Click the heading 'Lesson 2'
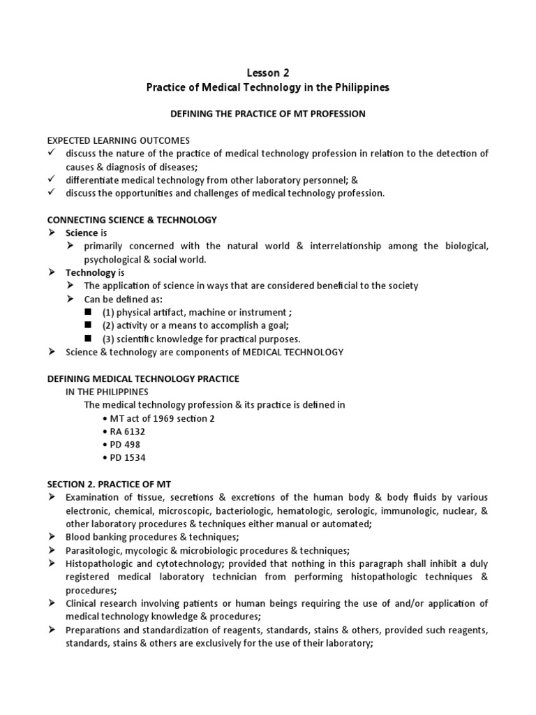268,73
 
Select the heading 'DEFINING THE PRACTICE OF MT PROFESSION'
268,114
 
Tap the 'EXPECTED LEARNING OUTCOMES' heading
118,140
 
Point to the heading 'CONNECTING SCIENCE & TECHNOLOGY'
132,220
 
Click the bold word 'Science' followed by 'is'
82,233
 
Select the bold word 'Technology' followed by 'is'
90,272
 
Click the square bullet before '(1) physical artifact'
88,313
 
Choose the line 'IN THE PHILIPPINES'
107,392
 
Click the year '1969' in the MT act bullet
157,418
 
